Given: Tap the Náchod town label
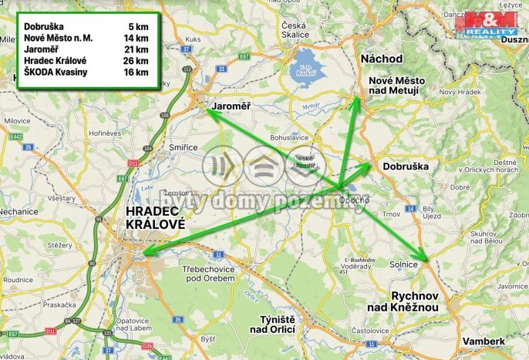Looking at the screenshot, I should click(x=381, y=59).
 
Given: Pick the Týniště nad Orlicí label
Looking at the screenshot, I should click(x=267, y=324).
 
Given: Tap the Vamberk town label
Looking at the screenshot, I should click(x=484, y=341).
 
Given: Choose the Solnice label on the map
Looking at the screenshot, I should click(x=404, y=264).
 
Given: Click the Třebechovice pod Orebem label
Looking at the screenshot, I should click(x=213, y=274).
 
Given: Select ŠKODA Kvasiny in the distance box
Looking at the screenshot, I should click(x=56, y=72).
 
